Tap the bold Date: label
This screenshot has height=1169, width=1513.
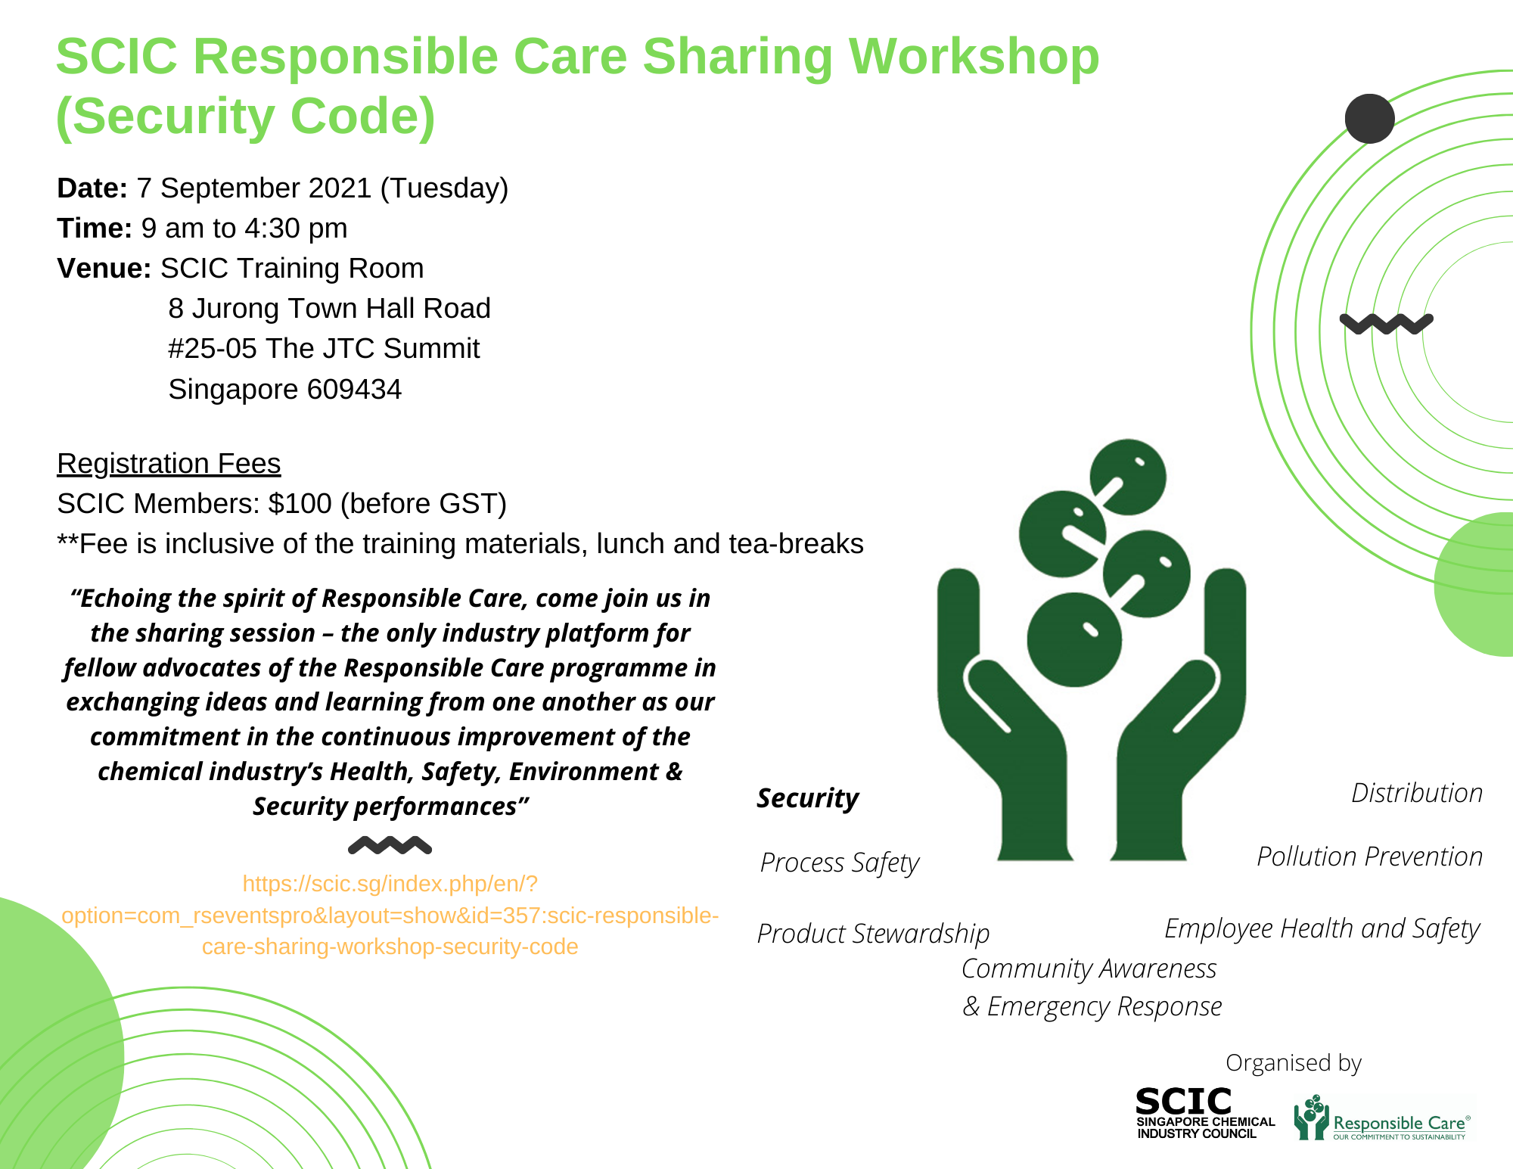coord(92,188)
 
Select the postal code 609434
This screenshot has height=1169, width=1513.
coord(354,390)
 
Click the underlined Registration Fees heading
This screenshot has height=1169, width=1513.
coord(169,464)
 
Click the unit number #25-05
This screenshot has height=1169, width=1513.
coord(213,349)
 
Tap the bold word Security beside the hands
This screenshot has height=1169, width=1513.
coord(808,799)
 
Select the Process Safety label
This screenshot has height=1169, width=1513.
coord(840,863)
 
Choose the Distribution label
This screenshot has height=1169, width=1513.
coord(1417,793)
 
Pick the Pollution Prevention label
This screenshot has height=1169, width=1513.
coord(1370,857)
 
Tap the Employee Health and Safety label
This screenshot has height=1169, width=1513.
coord(1322,929)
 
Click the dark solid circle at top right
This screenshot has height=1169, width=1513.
coord(1370,119)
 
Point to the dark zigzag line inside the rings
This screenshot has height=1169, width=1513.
coord(1387,324)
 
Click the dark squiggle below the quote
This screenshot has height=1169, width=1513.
coord(390,845)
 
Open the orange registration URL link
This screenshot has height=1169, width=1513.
coord(390,916)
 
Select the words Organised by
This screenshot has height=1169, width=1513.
coord(1294,1063)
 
